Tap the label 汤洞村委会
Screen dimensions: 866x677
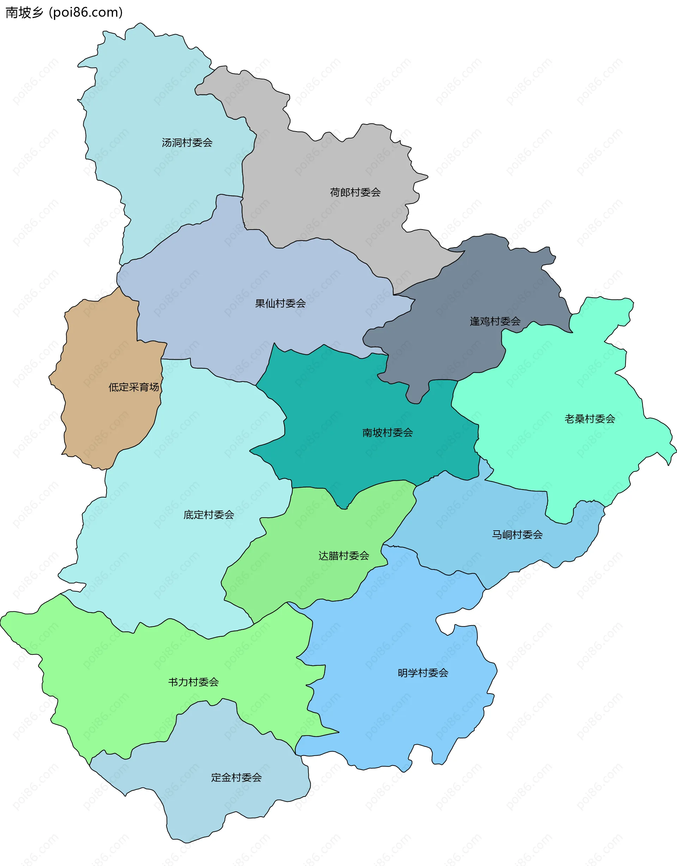tap(187, 143)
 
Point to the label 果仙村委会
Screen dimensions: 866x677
tap(280, 303)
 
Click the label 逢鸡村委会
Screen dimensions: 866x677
tap(495, 321)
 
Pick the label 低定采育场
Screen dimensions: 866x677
tap(134, 387)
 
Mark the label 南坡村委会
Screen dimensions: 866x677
tap(388, 433)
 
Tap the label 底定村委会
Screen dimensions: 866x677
tap(209, 515)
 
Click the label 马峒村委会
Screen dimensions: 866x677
tap(517, 535)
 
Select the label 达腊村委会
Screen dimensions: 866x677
tap(343, 555)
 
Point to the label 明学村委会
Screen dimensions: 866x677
tap(423, 672)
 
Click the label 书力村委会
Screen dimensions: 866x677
tap(193, 682)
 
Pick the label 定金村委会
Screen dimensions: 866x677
tap(236, 777)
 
